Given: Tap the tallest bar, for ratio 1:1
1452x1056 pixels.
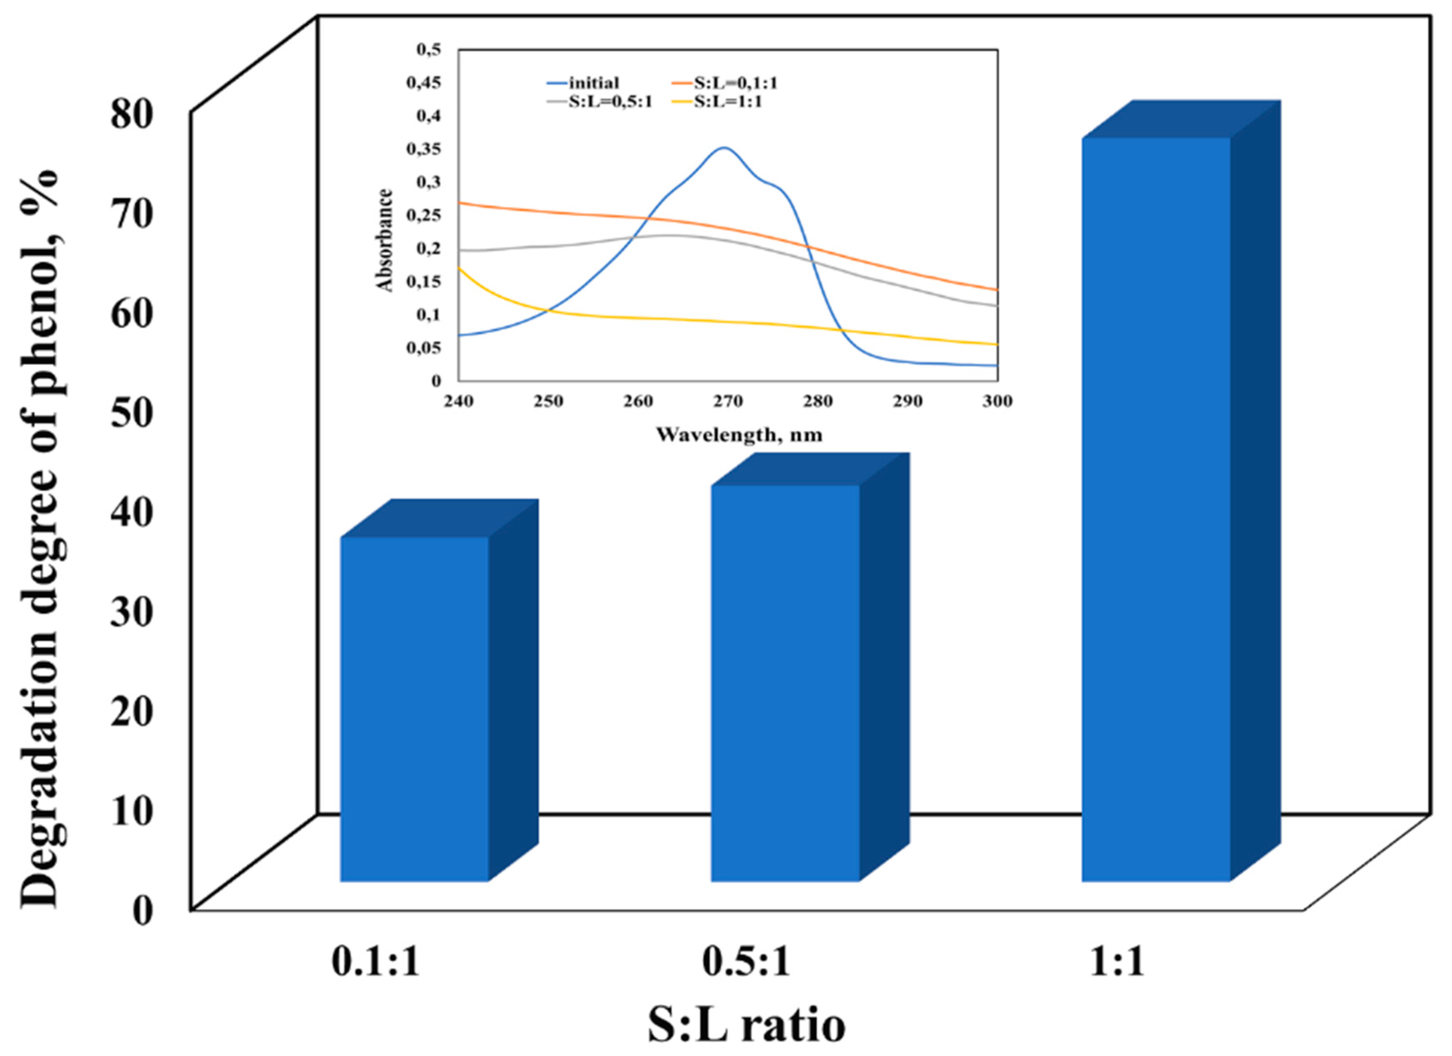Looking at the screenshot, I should click(1156, 509).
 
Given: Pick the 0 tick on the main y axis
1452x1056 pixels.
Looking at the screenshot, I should click(142, 909).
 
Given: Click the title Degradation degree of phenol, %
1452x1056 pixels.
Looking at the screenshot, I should click(40, 538).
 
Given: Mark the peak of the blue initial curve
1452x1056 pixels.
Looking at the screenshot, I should click(723, 148).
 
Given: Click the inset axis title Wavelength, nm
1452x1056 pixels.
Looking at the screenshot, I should click(739, 435).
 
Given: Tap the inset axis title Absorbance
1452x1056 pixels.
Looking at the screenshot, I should click(385, 240).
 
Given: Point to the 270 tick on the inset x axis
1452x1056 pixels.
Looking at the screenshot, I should click(728, 401).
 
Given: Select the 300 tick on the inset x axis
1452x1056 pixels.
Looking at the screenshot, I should click(997, 401).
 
